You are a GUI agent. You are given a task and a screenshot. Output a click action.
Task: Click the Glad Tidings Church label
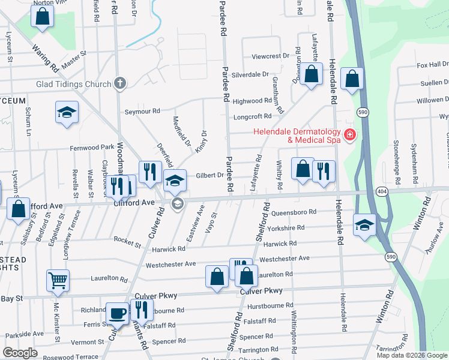[x=74, y=84]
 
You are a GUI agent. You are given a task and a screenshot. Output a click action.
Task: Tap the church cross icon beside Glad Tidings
[x=120, y=83]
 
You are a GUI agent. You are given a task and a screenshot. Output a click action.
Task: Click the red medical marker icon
[x=349, y=135]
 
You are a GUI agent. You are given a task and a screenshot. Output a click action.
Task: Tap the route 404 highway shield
[x=381, y=191]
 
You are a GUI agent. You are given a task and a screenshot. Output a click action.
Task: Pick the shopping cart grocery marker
[x=58, y=280]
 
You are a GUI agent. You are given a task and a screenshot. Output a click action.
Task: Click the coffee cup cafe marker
[x=117, y=313]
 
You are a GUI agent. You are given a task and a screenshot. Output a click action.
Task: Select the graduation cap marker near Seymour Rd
[x=67, y=112]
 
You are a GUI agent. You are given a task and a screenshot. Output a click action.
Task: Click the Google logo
[x=20, y=353]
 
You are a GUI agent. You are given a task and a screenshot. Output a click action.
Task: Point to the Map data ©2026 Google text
[x=412, y=355]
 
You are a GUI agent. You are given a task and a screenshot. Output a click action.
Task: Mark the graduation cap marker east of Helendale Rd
[x=364, y=225]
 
